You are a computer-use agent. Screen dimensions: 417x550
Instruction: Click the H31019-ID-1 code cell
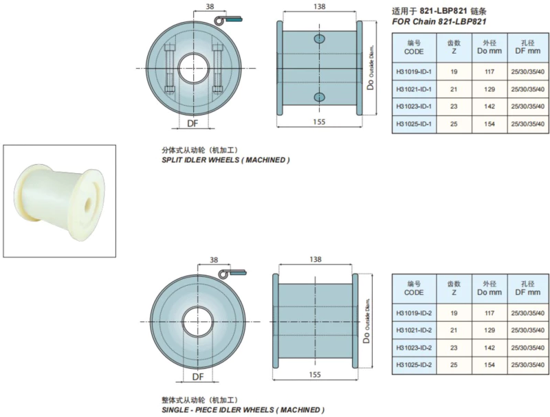pyautogui.click(x=414, y=71)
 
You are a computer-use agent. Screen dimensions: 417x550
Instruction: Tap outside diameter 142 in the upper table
pyautogui.click(x=489, y=106)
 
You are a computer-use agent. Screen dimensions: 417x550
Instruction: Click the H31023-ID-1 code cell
pyautogui.click(x=414, y=106)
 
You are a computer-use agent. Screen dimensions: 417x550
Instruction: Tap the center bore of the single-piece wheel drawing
pyautogui.click(x=197, y=322)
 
